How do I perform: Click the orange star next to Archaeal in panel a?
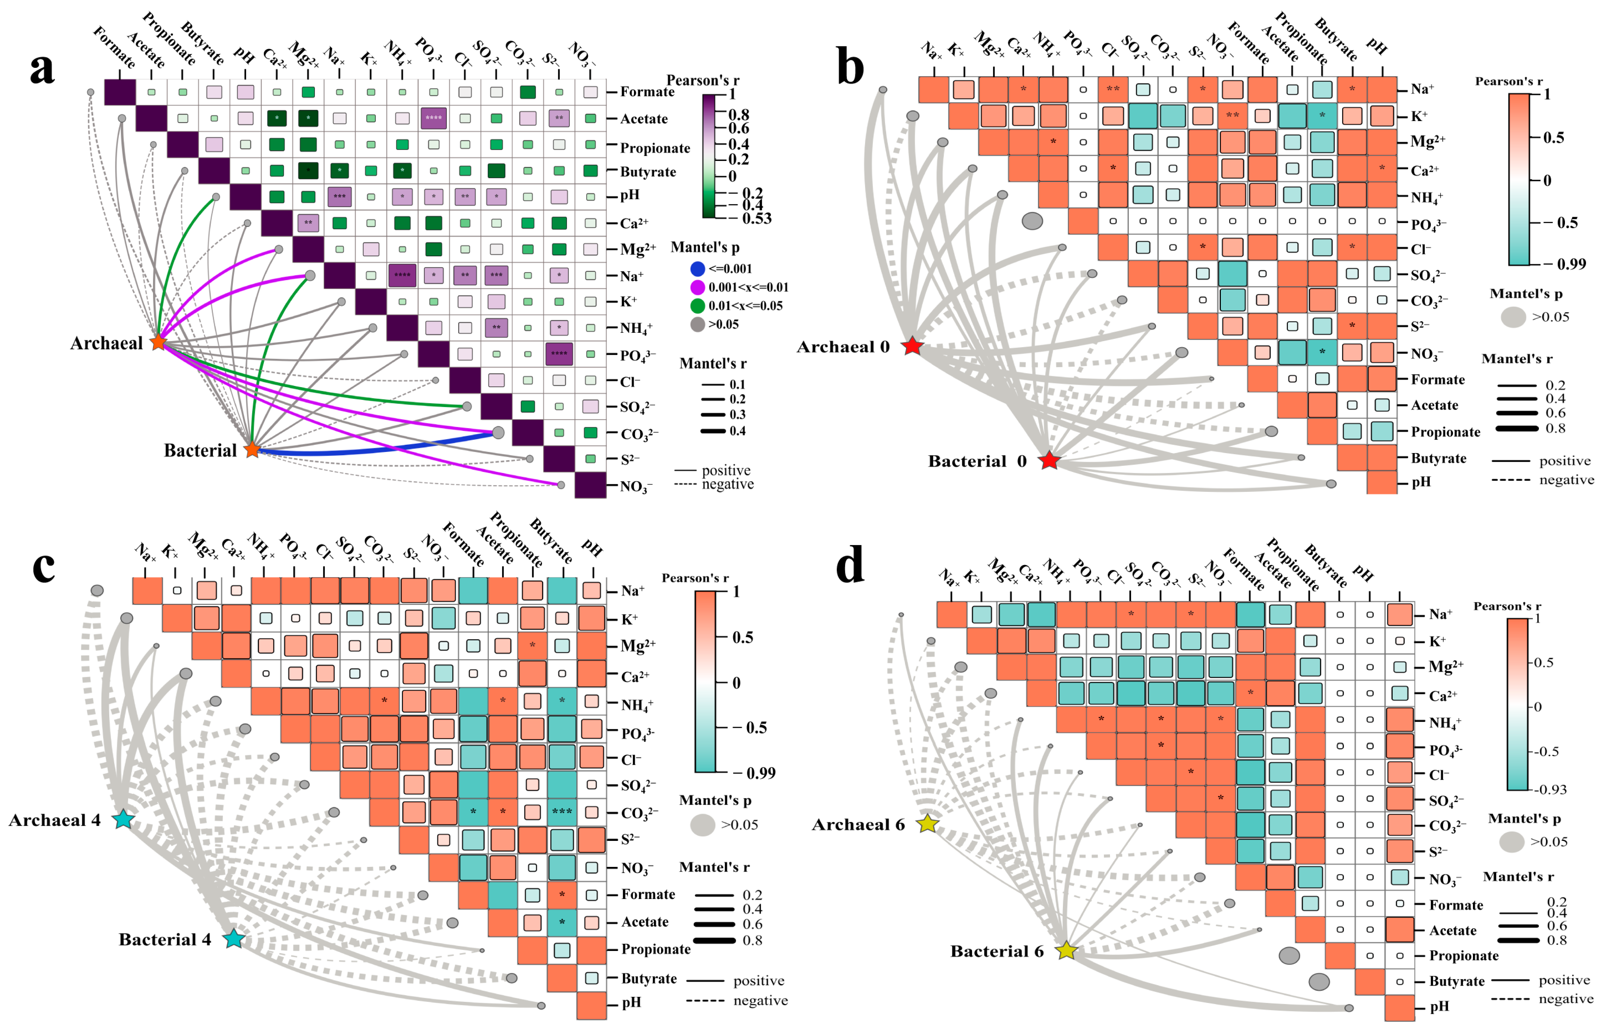(x=158, y=342)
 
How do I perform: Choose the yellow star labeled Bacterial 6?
(x=1067, y=950)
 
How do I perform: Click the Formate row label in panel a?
(x=646, y=92)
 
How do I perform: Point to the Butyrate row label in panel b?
(x=1438, y=458)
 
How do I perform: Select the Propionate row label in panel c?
(x=655, y=949)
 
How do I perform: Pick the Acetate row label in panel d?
(x=1453, y=931)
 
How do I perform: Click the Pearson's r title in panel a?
(x=702, y=81)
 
